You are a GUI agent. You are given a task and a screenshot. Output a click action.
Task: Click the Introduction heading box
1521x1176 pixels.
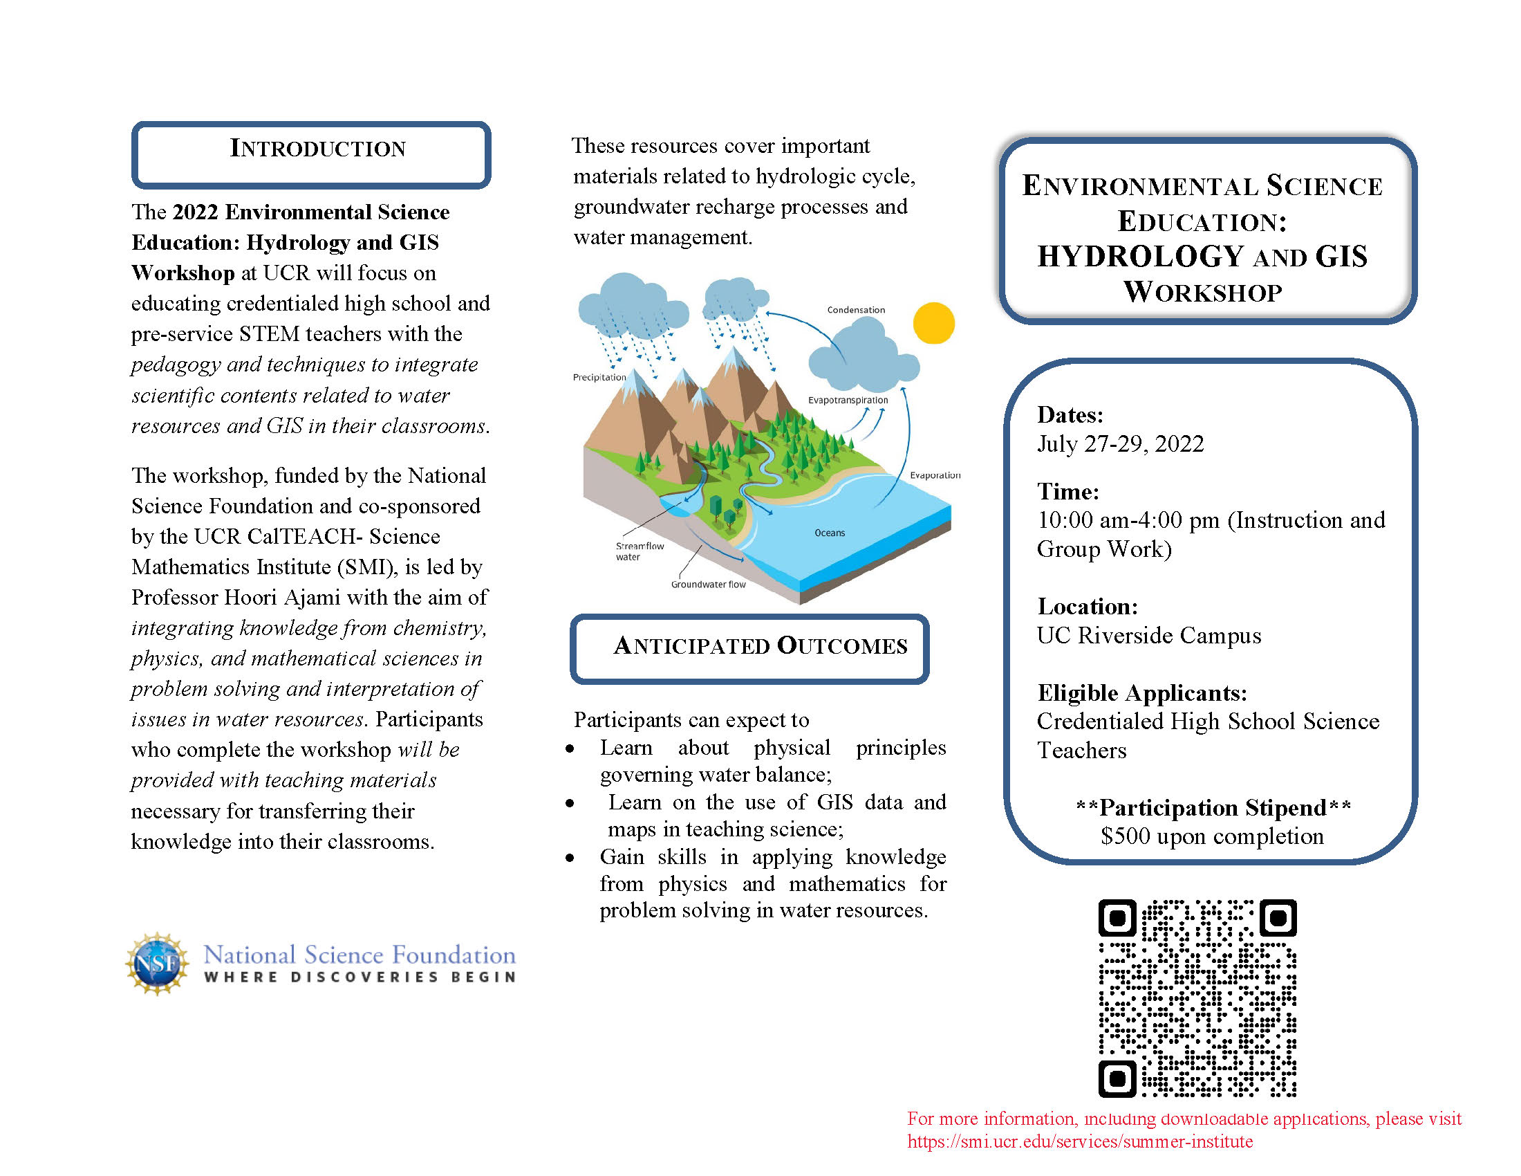pyautogui.click(x=311, y=154)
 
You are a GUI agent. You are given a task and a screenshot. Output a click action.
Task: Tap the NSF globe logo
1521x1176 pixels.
pyautogui.click(x=158, y=964)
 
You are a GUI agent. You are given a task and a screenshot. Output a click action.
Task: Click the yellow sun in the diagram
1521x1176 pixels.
pyautogui.click(x=933, y=323)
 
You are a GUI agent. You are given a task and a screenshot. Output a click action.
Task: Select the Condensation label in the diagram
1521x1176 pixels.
pyautogui.click(x=856, y=310)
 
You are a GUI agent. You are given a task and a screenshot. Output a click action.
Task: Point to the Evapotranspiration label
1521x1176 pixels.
pyautogui.click(x=848, y=400)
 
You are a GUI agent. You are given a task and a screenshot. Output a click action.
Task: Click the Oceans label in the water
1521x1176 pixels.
pyautogui.click(x=830, y=533)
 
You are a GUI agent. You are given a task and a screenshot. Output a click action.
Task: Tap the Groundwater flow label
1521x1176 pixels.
pyautogui.click(x=708, y=585)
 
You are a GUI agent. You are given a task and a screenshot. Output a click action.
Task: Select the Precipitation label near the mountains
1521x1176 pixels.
pyautogui.click(x=599, y=377)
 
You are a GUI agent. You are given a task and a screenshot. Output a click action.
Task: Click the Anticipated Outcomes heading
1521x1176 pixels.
pyautogui.click(x=760, y=646)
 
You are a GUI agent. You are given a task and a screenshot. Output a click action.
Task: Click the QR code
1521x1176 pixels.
pyautogui.click(x=1197, y=998)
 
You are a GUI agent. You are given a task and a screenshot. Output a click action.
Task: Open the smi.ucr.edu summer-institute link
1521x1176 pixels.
pyautogui.click(x=1079, y=1142)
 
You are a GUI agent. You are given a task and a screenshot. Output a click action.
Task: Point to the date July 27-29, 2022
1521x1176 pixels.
pyautogui.click(x=1120, y=444)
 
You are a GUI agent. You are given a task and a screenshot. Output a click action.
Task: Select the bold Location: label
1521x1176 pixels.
pyautogui.click(x=1087, y=606)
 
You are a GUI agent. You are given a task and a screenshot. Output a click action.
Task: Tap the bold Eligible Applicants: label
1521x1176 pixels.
pyautogui.click(x=1141, y=692)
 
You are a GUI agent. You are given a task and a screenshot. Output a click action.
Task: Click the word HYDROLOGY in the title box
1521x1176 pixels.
pyautogui.click(x=1140, y=257)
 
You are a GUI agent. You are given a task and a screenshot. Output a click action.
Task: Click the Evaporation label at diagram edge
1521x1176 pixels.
pyautogui.click(x=935, y=475)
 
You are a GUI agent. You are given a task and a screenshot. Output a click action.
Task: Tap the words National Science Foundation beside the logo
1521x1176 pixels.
pyautogui.click(x=360, y=955)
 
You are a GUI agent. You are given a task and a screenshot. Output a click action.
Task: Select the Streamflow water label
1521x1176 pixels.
pyautogui.click(x=638, y=551)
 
